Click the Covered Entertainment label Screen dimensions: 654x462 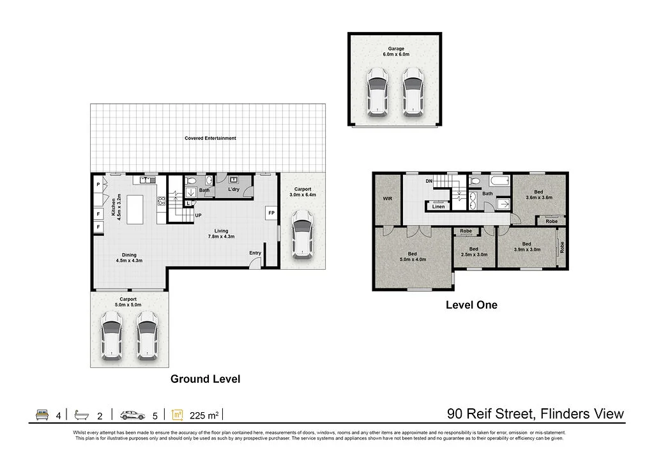[210, 138]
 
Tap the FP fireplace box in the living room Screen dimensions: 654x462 [271, 213]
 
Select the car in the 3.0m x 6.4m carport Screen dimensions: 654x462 [302, 235]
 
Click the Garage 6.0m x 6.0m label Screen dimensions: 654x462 [396, 51]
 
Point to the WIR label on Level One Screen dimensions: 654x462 [388, 199]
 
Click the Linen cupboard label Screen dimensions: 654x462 [438, 206]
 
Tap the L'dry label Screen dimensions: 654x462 [234, 189]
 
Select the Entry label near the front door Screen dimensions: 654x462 [255, 253]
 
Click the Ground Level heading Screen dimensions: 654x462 [205, 379]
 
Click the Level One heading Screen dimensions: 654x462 [471, 305]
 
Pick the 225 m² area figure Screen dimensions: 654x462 [204, 416]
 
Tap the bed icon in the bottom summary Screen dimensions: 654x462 [42, 415]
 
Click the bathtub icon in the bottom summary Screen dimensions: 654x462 [81, 415]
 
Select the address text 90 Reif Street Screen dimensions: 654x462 [490, 413]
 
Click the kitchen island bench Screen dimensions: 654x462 [135, 210]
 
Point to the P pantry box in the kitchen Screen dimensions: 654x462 [98, 184]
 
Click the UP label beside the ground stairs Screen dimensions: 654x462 [198, 215]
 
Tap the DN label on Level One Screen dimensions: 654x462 [429, 181]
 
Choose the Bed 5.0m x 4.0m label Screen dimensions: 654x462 [413, 257]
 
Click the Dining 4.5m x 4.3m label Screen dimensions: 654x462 [129, 258]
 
